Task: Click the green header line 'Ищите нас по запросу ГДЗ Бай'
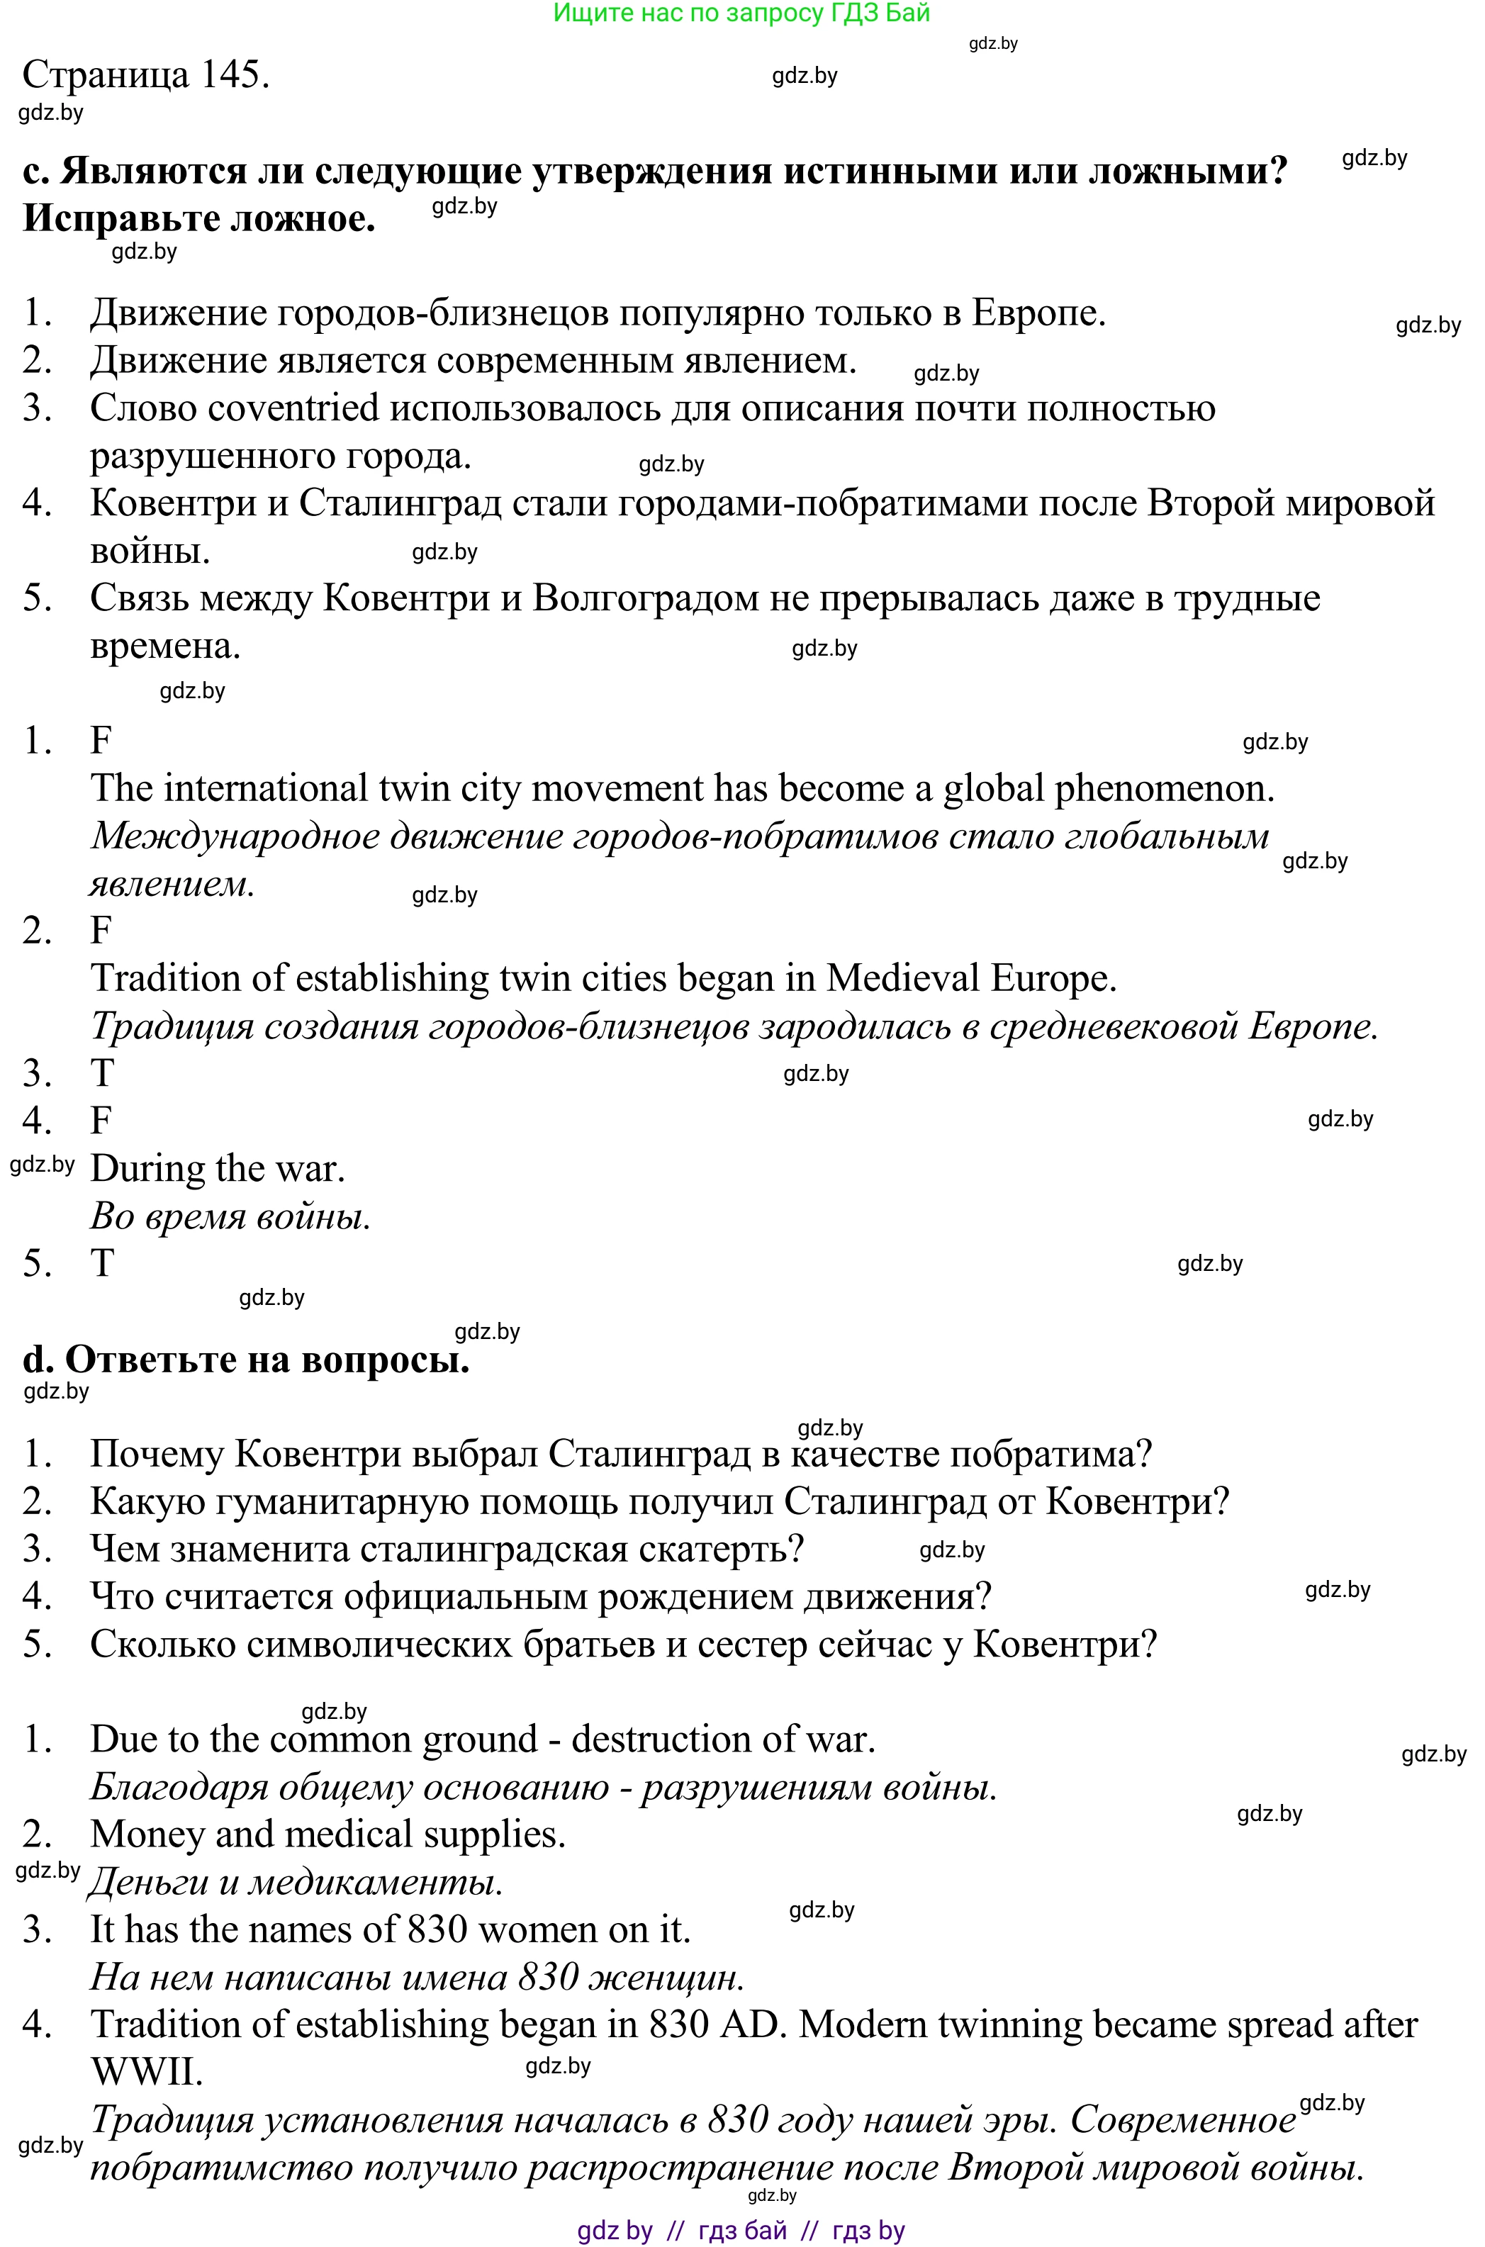[741, 13]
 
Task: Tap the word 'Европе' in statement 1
[1038, 313]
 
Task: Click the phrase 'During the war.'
[217, 1170]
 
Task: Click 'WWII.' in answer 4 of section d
[147, 2073]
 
